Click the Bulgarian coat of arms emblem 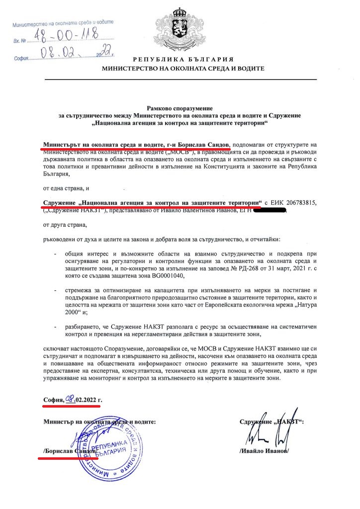[180, 25]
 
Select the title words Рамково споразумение [180, 107]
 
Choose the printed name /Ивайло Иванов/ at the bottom [264, 451]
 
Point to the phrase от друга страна [65, 225]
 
